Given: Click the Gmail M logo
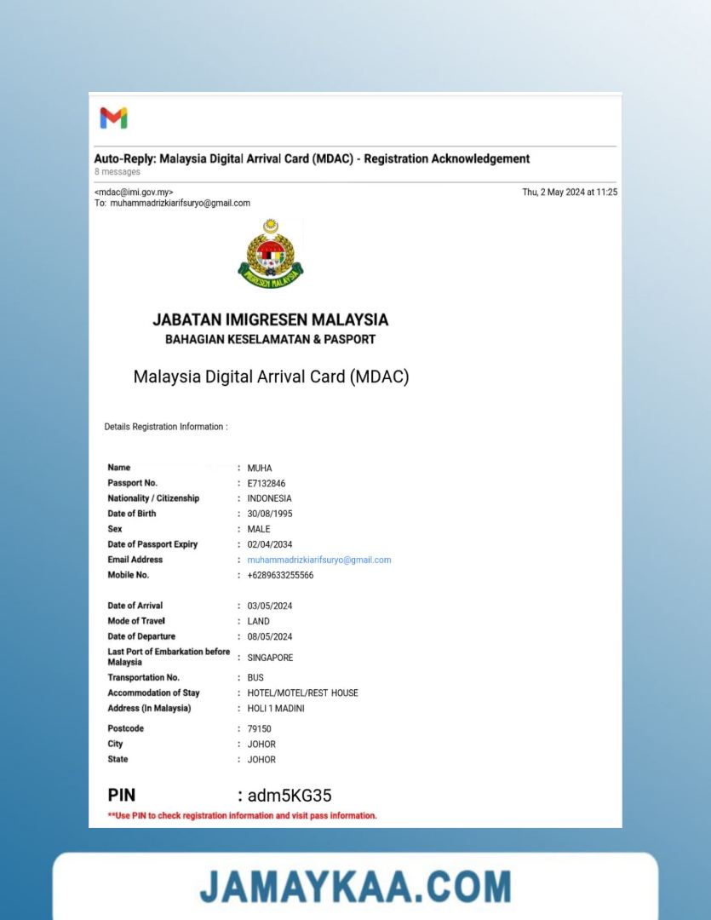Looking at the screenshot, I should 113,118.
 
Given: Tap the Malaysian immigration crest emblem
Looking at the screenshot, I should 270,254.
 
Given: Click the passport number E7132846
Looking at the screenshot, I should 267,483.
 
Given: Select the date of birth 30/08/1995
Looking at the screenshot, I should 270,514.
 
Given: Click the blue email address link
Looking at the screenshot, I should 319,560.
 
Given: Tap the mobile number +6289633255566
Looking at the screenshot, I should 280,575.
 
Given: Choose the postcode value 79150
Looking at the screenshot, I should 260,729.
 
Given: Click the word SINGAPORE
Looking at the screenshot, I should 270,658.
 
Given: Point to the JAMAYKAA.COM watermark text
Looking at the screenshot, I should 355,887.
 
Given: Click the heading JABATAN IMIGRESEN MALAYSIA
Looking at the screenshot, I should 270,320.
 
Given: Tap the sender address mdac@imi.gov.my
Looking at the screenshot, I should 134,193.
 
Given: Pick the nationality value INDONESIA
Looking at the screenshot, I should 269,498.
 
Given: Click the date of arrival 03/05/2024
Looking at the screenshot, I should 270,606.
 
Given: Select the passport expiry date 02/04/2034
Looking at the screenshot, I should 270,544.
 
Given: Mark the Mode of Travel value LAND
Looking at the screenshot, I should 259,621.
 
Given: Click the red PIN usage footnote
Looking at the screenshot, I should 242,816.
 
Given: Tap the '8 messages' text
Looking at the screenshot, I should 118,172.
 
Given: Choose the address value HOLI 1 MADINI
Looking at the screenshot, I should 276,709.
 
